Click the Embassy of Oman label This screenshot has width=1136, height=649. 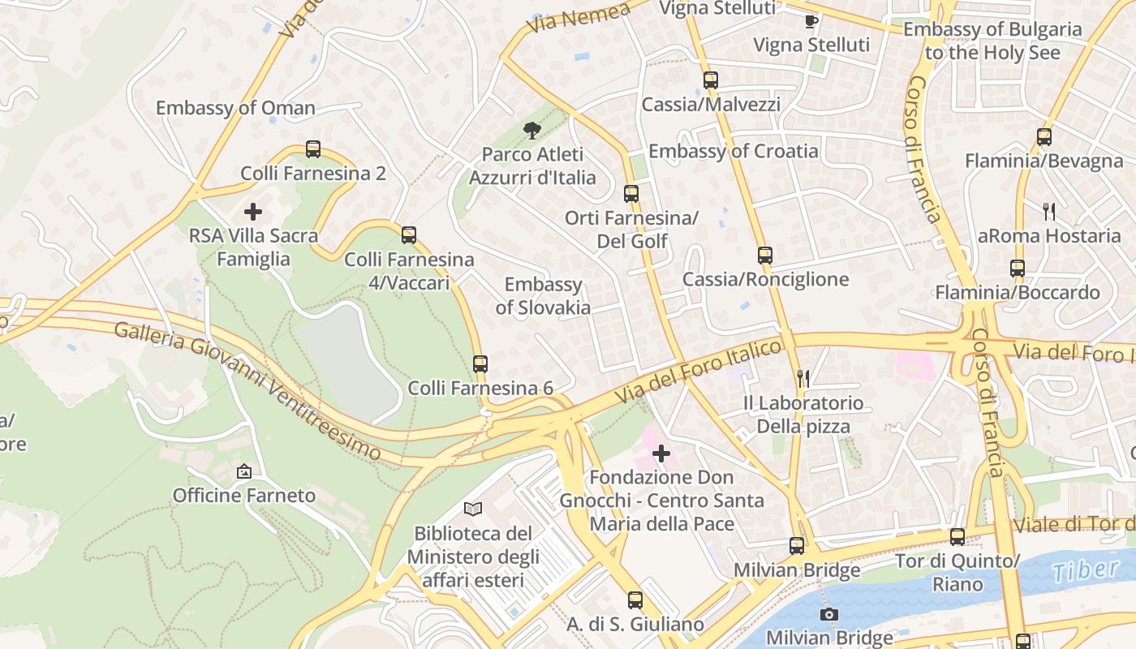click(235, 108)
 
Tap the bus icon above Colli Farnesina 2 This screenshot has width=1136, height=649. click(313, 149)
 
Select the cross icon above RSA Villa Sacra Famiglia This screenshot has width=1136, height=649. click(253, 212)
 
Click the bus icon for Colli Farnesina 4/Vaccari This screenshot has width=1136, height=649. click(409, 235)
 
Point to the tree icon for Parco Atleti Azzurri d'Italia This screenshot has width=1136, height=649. click(532, 130)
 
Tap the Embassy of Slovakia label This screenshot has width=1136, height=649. click(543, 296)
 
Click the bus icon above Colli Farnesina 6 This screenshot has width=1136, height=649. click(480, 363)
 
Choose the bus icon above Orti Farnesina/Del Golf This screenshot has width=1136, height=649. click(631, 194)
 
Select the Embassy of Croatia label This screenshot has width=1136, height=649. click(734, 151)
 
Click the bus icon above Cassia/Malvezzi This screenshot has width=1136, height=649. click(711, 80)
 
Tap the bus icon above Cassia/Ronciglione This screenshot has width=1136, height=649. click(765, 256)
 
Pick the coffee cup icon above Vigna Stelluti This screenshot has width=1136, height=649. click(811, 21)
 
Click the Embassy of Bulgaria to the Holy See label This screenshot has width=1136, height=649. click(992, 41)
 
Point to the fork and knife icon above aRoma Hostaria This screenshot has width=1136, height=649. click(1049, 212)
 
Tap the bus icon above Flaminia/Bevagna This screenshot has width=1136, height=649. click(1044, 137)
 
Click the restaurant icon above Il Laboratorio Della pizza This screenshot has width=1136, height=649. click(803, 378)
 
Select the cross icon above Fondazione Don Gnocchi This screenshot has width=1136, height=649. click(662, 453)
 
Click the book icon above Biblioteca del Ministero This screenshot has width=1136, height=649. click(473, 509)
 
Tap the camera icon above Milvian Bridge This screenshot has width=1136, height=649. click(829, 614)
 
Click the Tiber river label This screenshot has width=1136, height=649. click(1087, 569)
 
